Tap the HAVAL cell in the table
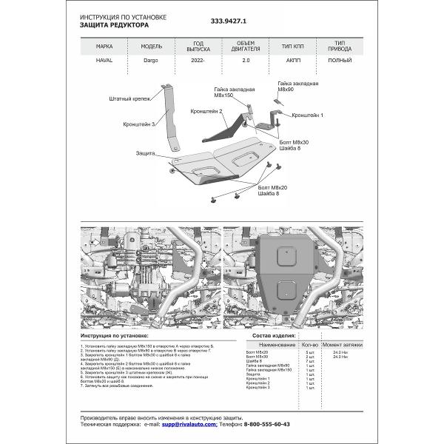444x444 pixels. (105, 61)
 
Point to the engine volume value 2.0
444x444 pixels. (246, 61)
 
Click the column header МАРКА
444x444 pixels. (105, 46)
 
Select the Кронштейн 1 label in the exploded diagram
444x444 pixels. (307, 115)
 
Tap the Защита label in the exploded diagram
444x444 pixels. (145, 154)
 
